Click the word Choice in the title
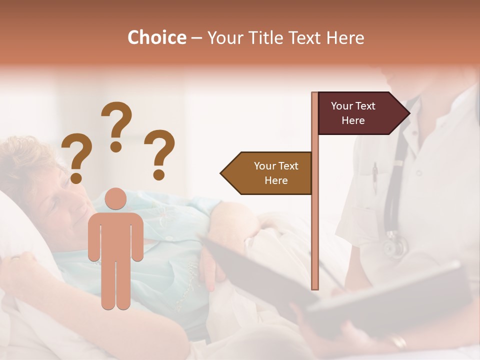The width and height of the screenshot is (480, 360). (156, 37)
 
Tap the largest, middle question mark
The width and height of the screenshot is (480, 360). (116, 125)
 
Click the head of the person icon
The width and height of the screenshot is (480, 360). (116, 198)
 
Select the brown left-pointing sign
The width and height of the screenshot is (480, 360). (270, 173)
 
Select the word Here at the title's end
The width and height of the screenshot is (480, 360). (345, 37)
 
